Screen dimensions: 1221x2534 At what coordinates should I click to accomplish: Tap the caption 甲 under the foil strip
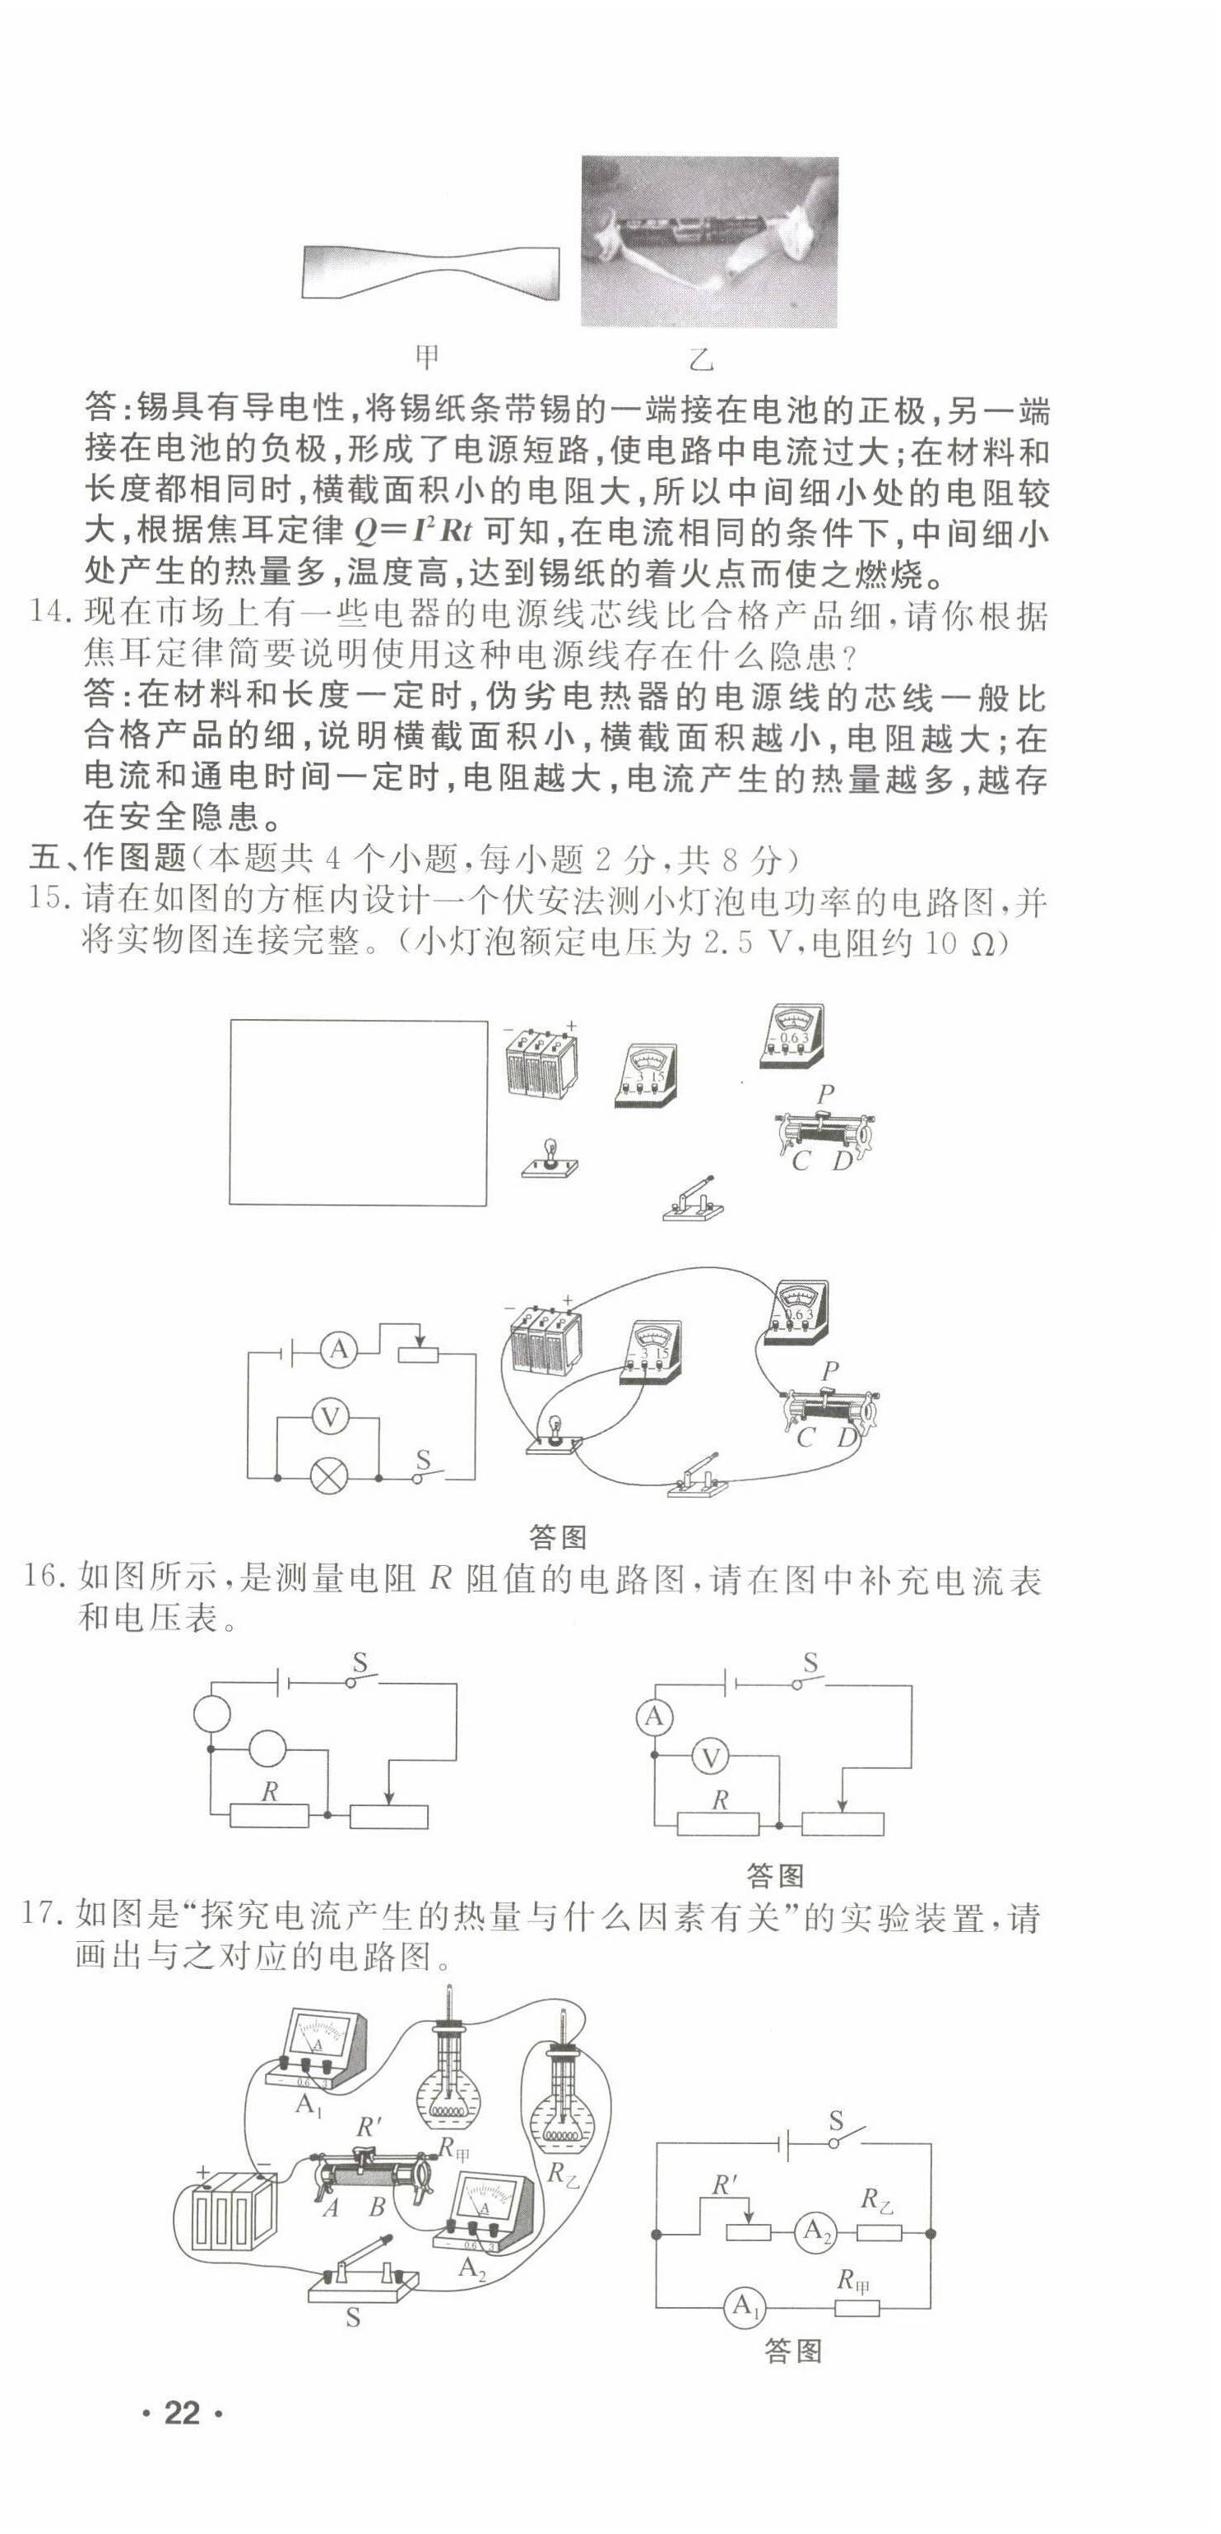coord(426,356)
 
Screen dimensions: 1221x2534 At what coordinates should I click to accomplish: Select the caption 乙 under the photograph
coord(700,359)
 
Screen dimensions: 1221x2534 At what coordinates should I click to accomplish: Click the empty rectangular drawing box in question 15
coord(358,1112)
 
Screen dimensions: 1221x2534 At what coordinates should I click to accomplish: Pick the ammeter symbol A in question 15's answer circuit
coord(338,1350)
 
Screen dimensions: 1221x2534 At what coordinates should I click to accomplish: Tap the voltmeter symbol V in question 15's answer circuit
coord(330,1417)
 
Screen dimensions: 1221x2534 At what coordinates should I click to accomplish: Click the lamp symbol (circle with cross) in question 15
coord(327,1476)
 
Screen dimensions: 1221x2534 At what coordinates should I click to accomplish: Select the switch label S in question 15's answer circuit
coord(423,1459)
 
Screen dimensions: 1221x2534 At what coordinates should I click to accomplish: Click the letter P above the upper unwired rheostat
coord(824,1094)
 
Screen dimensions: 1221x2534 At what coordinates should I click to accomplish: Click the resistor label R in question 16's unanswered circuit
coord(268,1791)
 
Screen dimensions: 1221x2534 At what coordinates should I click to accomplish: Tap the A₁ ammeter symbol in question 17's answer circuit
coord(745,2305)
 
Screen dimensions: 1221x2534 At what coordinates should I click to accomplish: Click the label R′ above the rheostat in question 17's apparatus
coord(368,2126)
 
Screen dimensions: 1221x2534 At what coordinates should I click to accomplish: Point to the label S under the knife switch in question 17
coord(353,2319)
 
